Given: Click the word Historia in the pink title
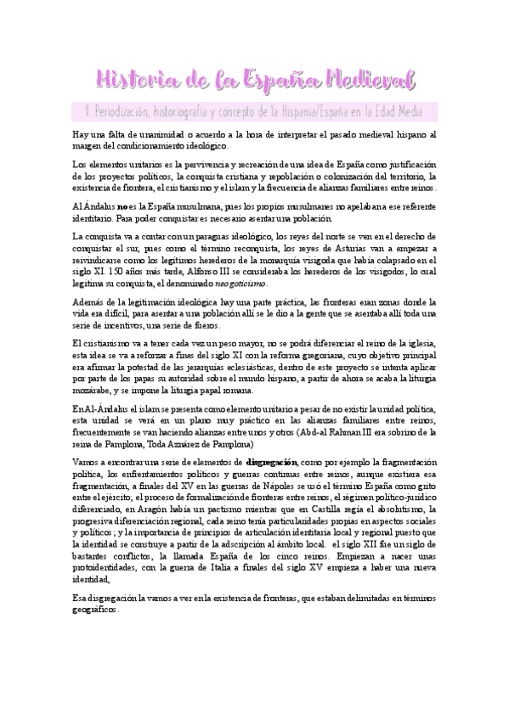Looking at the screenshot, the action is pyautogui.click(x=135, y=80).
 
